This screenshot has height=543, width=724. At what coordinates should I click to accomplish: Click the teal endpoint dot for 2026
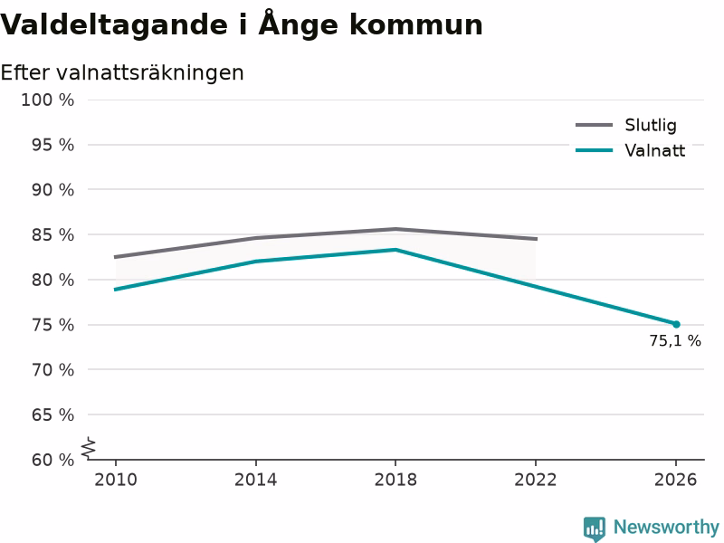[x=676, y=325]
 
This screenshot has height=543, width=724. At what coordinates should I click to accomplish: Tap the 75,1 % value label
[x=675, y=341]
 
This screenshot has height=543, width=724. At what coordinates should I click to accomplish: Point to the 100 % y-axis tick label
[x=48, y=100]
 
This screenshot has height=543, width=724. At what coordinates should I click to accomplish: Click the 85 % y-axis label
[x=52, y=235]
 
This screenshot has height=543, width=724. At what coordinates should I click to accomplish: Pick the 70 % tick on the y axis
[x=52, y=370]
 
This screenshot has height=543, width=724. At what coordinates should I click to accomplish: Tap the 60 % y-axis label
[x=52, y=460]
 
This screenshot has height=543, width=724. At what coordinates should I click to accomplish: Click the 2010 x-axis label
[x=116, y=480]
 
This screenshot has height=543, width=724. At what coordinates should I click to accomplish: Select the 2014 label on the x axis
[x=255, y=480]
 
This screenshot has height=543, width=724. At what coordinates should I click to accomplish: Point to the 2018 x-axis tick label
[x=395, y=480]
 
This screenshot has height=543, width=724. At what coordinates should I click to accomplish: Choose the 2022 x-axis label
[x=536, y=480]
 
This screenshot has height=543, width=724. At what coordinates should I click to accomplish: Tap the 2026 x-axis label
[x=675, y=480]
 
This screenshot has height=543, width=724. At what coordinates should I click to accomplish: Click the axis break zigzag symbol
[x=89, y=448]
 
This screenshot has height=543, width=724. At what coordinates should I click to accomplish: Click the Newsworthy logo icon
[x=595, y=529]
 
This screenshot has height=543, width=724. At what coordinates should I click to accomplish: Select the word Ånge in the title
[x=299, y=24]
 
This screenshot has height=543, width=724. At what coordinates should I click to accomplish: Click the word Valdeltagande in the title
[x=114, y=25]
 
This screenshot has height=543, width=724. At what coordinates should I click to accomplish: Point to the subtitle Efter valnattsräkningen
[x=122, y=73]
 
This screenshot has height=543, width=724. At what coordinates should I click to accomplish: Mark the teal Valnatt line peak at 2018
[x=395, y=250]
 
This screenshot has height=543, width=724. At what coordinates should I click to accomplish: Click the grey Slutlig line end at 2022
[x=536, y=239]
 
